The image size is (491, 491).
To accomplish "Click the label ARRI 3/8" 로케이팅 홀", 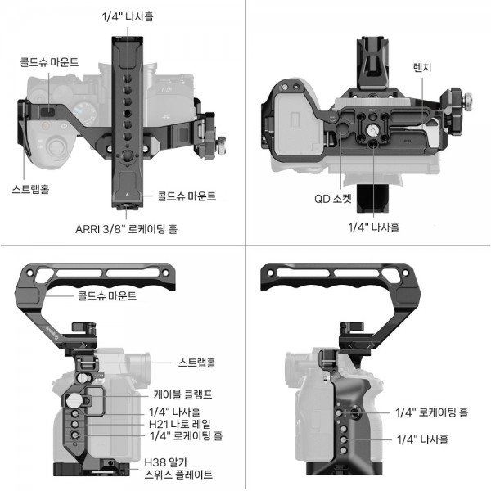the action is [127, 229].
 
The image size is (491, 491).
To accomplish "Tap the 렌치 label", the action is [422, 67].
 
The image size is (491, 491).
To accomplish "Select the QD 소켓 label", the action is [333, 199].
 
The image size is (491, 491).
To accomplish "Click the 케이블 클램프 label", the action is [182, 394].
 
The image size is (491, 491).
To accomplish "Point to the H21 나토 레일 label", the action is [180, 424].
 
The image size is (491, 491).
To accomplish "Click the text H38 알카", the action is [165, 462].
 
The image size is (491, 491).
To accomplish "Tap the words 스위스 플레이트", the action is [178, 475].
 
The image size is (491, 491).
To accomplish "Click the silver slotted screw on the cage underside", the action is [372, 129].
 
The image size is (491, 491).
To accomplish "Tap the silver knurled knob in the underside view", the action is [467, 101].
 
